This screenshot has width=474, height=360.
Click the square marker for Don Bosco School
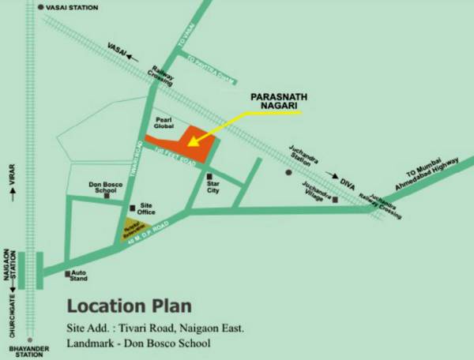coord(107,195)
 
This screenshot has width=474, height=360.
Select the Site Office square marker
coord(132,208)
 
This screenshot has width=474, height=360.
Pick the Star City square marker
coord(209,176)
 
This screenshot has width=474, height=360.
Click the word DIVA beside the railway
coord(348,183)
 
